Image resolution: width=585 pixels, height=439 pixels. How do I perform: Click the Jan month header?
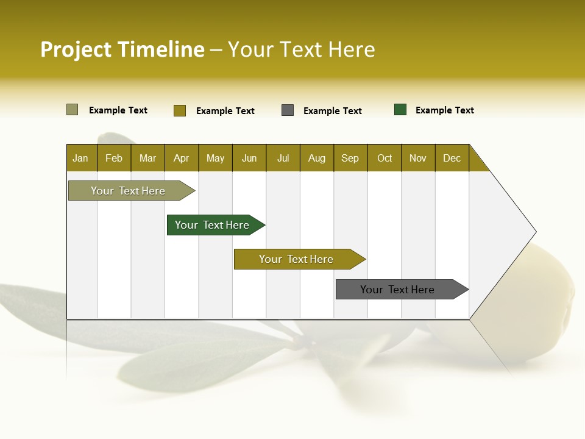pyautogui.click(x=81, y=158)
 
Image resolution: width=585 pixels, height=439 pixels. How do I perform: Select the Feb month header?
pyautogui.click(x=114, y=158)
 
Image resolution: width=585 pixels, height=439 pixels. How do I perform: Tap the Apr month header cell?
pyautogui.click(x=182, y=158)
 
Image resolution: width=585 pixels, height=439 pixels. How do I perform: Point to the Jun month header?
pyautogui.click(x=249, y=158)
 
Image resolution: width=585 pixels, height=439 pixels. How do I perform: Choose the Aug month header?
pyautogui.click(x=317, y=158)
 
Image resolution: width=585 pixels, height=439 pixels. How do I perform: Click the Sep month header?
pyautogui.click(x=350, y=158)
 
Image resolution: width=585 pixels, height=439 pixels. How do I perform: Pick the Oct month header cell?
pyautogui.click(x=385, y=158)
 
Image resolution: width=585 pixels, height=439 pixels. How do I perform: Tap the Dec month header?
pyautogui.click(x=452, y=158)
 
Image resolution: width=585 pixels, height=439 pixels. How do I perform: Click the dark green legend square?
pyautogui.click(x=400, y=110)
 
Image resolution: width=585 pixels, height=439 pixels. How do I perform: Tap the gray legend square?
pyautogui.click(x=288, y=110)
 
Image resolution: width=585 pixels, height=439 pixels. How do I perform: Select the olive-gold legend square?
pyautogui.click(x=180, y=110)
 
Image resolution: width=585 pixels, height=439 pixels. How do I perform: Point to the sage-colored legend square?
pyautogui.click(x=73, y=110)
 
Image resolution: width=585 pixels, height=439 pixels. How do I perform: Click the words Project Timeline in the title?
pyautogui.click(x=122, y=49)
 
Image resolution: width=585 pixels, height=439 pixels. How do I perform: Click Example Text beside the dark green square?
pyautogui.click(x=444, y=110)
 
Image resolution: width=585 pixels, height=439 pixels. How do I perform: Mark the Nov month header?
pyautogui.click(x=418, y=158)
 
